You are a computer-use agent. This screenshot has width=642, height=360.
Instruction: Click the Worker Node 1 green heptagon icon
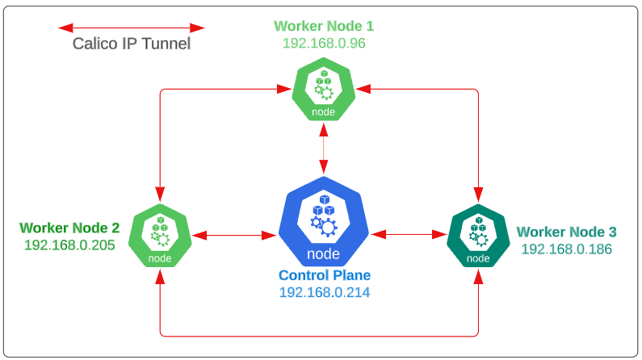click(x=324, y=91)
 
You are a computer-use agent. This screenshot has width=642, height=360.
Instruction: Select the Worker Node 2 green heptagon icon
click(x=160, y=236)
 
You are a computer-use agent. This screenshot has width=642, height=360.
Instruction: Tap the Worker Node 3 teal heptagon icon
click(x=479, y=236)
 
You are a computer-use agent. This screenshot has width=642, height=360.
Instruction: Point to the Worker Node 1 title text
click(x=324, y=26)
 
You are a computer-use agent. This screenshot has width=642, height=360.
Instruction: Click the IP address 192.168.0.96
click(x=324, y=43)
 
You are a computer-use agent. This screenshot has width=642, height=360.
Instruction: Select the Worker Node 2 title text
click(x=69, y=228)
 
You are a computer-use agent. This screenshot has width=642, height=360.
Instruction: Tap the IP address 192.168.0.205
click(x=69, y=245)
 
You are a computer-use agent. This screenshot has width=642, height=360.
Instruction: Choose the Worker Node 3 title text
click(x=567, y=232)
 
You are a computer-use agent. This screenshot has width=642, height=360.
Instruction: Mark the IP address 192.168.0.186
click(x=567, y=249)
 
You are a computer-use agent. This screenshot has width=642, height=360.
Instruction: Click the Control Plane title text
click(x=325, y=275)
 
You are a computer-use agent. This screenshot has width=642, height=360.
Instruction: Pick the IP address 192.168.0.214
click(x=325, y=292)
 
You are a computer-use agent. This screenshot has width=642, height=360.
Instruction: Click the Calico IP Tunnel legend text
click(x=132, y=44)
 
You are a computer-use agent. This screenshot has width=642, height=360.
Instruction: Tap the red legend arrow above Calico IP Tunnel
click(x=132, y=27)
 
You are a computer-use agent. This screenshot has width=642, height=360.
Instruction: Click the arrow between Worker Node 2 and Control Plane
click(x=234, y=236)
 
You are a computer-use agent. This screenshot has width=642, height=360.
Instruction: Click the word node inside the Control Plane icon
click(x=324, y=255)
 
